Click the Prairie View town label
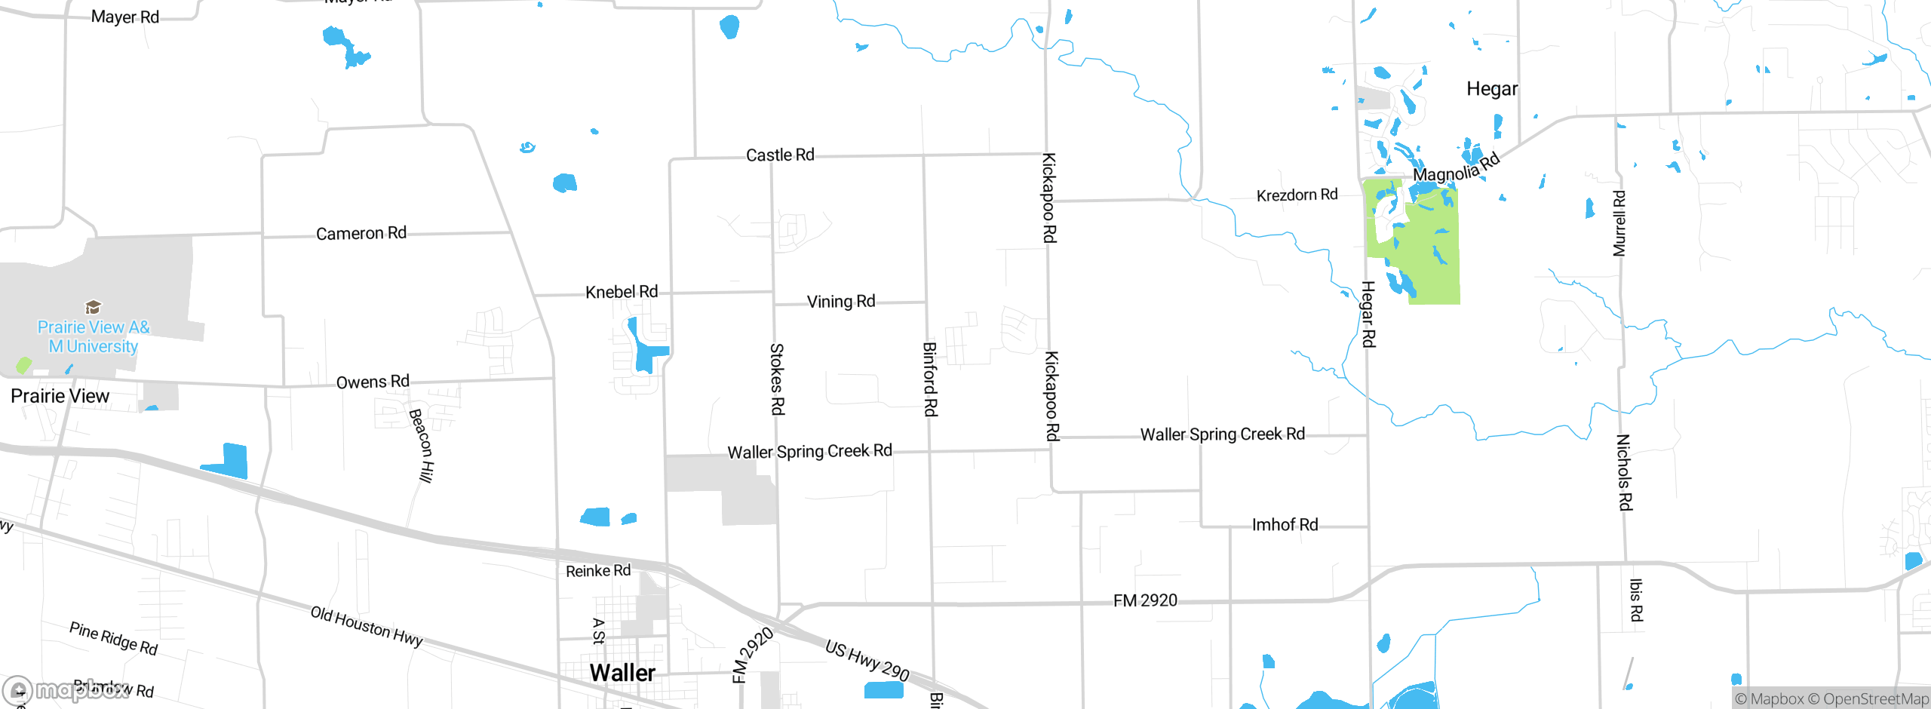coord(60,396)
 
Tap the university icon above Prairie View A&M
coord(93,307)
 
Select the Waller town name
coord(622,673)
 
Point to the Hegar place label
coord(1492,89)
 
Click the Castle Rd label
coord(780,155)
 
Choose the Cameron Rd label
coord(361,233)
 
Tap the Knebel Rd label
coord(622,292)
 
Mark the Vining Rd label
coord(841,302)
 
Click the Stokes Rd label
coord(777,379)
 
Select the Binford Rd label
coord(931,379)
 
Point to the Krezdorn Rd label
coord(1297,195)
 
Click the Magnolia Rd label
coord(1456,168)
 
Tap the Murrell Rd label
coord(1619,223)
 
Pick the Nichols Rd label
coord(1624,472)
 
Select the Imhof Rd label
coord(1285,525)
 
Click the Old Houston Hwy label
coord(367,626)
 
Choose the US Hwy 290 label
coord(867,660)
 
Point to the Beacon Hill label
coord(421,445)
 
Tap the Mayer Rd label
coord(125,17)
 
